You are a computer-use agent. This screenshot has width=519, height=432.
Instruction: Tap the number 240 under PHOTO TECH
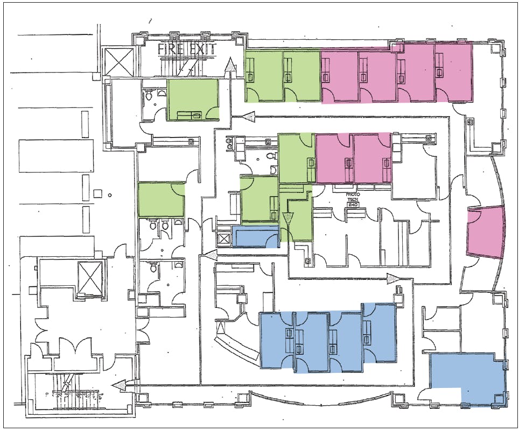(x=352, y=205)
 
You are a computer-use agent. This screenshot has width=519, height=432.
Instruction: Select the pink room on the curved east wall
(x=485, y=231)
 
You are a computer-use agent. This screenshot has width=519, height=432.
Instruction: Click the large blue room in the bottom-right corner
(x=467, y=379)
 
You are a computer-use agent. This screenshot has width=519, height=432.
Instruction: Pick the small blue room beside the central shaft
(x=255, y=236)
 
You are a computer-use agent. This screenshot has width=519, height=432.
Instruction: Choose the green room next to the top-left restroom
(x=193, y=99)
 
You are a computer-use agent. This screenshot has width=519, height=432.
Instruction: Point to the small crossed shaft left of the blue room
(x=224, y=239)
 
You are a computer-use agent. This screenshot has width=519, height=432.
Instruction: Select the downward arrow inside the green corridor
(x=288, y=219)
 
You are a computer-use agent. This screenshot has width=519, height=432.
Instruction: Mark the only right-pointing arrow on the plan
(x=394, y=278)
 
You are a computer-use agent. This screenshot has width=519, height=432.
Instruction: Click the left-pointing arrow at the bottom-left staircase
(x=120, y=385)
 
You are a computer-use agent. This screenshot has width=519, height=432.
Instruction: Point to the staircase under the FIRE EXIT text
(x=185, y=64)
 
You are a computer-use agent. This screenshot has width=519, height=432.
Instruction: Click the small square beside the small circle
(x=97, y=193)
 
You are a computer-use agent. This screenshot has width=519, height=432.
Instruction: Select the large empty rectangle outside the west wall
(x=56, y=156)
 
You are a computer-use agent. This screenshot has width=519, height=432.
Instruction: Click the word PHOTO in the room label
(x=352, y=195)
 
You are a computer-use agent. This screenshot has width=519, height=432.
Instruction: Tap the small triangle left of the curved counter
(x=220, y=327)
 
